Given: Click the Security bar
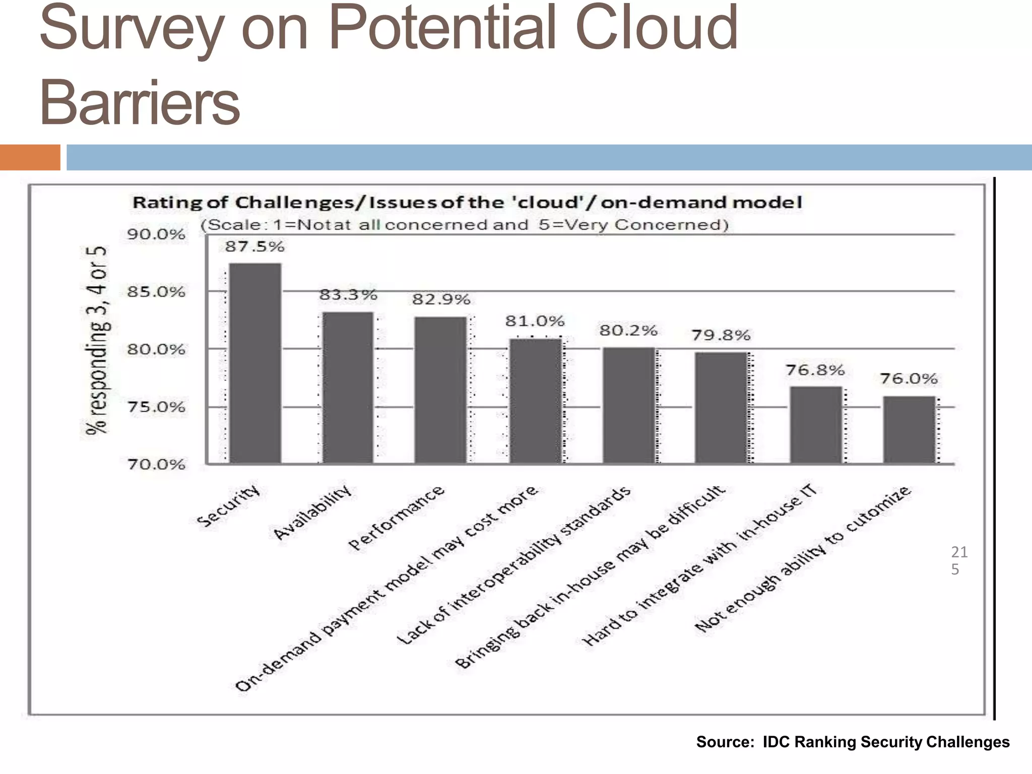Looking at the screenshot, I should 255,363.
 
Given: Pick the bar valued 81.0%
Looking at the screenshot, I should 535,401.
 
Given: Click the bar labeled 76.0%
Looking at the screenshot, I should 909,429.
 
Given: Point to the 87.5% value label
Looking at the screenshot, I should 254,246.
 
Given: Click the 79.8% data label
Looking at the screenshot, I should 721,335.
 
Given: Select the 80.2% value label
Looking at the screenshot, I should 628,331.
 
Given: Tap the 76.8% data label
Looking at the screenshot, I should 815,370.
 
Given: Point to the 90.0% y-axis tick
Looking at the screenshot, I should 156,234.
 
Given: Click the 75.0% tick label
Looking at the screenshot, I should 156,407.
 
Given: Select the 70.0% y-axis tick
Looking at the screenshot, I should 156,464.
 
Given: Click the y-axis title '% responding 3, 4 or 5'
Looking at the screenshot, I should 96,340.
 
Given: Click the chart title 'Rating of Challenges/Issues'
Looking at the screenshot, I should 467,203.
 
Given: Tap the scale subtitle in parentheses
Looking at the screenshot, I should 464,225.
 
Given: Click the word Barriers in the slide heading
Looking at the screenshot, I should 140,103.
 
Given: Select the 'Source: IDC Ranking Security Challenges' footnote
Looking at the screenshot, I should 853,742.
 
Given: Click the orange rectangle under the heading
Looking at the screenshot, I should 30,157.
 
